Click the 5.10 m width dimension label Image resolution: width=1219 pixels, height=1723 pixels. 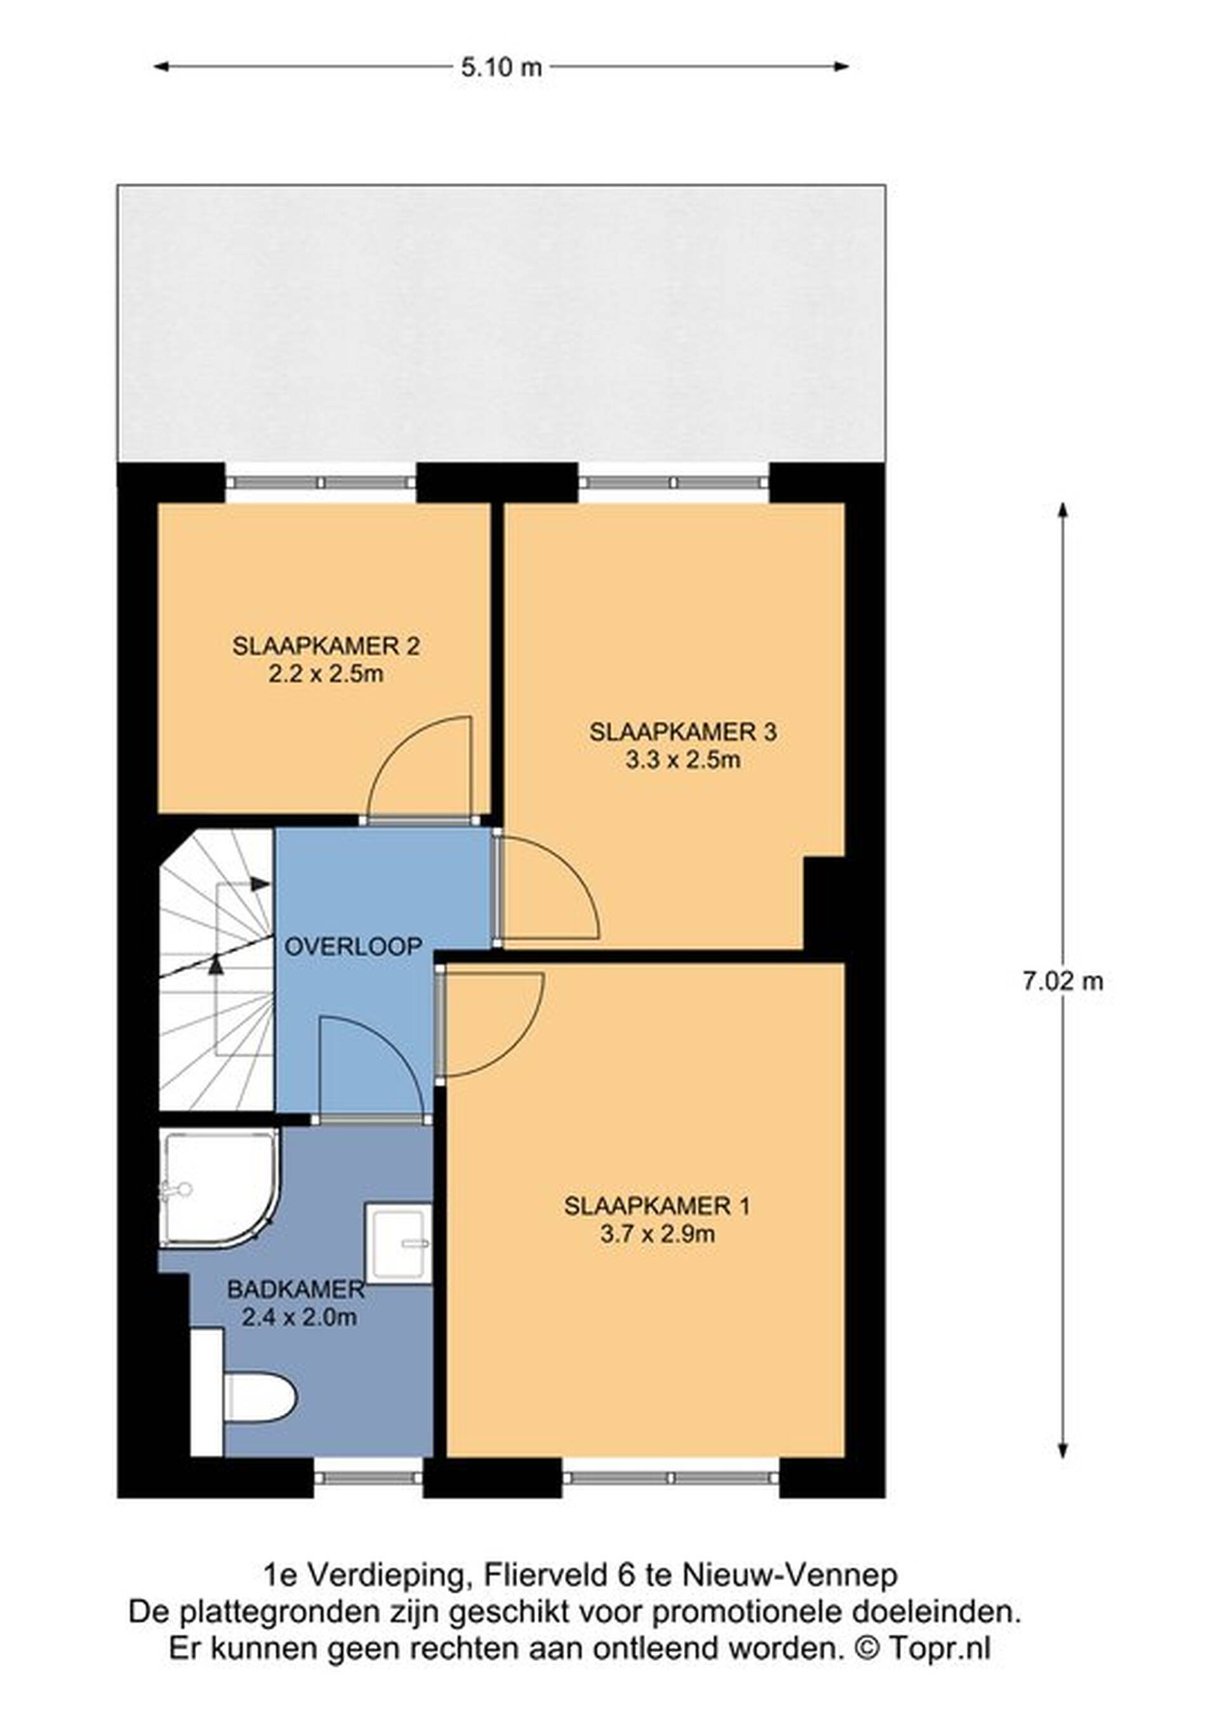click(x=501, y=67)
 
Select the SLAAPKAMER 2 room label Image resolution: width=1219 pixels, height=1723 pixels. click(x=326, y=646)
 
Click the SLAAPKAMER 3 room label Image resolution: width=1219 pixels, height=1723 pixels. click(x=683, y=732)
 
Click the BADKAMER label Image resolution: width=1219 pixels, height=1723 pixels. click(x=296, y=1290)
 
